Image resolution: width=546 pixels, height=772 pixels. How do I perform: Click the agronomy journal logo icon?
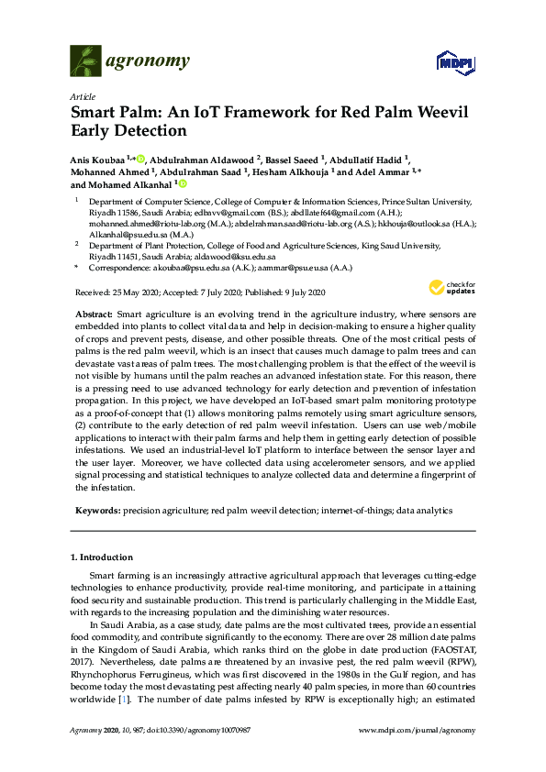[x=85, y=61]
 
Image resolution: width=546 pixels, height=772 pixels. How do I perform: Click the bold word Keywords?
[x=95, y=508]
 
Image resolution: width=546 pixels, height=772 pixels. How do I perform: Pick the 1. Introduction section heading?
[x=102, y=557]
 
